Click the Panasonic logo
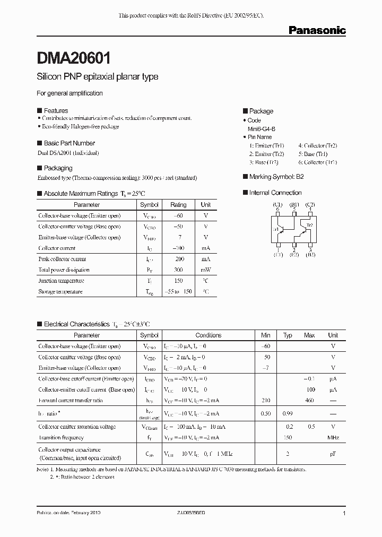[x=317, y=31]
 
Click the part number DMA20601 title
[x=74, y=57]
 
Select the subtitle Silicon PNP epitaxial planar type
[x=97, y=77]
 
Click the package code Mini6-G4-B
[x=262, y=128]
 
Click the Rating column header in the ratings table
[x=178, y=205]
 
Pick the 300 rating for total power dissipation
[x=178, y=270]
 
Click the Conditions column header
[x=209, y=335]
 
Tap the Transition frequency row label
[x=61, y=438]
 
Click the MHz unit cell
[x=333, y=438]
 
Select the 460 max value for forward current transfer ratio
[x=309, y=401]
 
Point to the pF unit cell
[x=333, y=454]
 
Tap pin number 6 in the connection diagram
[x=277, y=210]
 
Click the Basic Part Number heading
[x=69, y=143]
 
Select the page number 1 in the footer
[x=344, y=514]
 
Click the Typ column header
[x=288, y=335]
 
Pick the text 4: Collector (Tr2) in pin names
[x=317, y=145]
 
